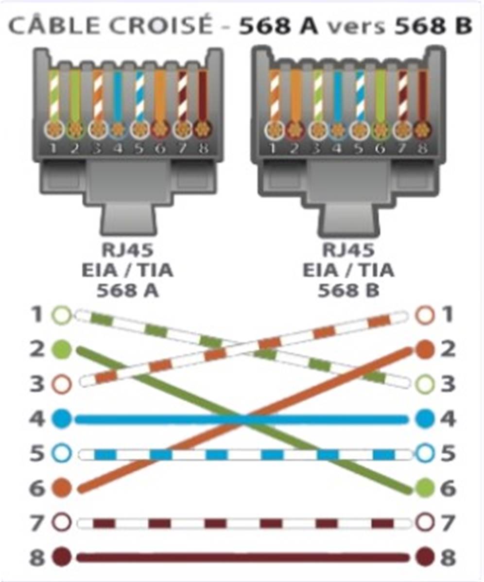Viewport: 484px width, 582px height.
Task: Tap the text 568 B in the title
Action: (x=433, y=26)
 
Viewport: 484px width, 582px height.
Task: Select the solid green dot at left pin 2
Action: (x=62, y=350)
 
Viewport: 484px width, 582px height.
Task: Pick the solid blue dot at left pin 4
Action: (x=62, y=419)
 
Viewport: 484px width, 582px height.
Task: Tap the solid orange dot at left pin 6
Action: (x=62, y=487)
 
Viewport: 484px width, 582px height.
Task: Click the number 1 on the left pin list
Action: (x=36, y=315)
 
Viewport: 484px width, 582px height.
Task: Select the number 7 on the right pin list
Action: (x=448, y=523)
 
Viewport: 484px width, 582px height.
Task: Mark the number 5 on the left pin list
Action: (x=37, y=453)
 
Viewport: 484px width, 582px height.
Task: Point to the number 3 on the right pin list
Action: (x=448, y=384)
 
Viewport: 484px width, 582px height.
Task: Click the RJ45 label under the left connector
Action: (x=127, y=250)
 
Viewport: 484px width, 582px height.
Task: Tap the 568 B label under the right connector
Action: (x=348, y=290)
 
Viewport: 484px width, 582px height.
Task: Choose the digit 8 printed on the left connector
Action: (x=203, y=149)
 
